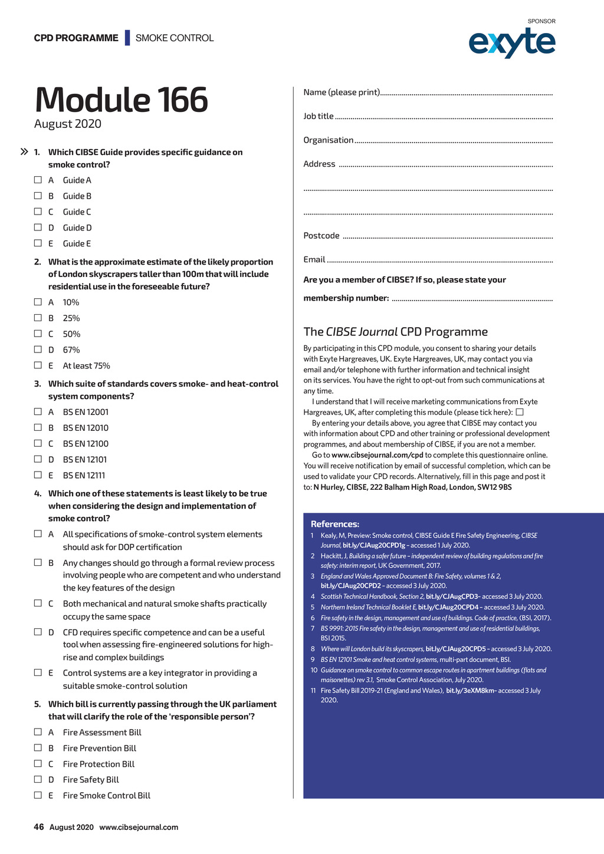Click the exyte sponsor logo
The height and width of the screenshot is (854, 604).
(x=511, y=42)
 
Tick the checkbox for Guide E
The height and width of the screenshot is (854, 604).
(x=38, y=243)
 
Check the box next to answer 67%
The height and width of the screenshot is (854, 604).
(x=38, y=349)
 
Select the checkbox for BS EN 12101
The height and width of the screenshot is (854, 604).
(x=38, y=459)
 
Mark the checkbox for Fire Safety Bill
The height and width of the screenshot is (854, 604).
(x=38, y=779)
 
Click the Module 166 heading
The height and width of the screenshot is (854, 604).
(x=122, y=100)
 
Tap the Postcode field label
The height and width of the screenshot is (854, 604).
(x=321, y=236)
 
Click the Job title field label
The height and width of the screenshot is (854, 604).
(x=319, y=116)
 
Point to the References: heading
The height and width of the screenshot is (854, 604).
(x=334, y=524)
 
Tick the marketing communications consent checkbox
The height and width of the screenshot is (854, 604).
(x=520, y=413)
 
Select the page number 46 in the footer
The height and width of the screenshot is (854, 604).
(x=39, y=827)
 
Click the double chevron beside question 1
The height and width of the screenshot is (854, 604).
(x=24, y=152)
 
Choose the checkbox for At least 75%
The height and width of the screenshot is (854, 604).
(x=38, y=365)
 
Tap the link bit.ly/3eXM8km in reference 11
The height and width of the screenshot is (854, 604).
(x=471, y=691)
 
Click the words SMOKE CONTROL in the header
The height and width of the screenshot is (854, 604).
(x=175, y=38)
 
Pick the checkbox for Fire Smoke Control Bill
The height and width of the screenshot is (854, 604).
(x=38, y=795)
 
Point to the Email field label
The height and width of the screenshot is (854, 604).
(x=314, y=259)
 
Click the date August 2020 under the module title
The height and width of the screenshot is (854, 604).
(x=68, y=124)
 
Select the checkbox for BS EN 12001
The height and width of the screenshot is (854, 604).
(x=38, y=411)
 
